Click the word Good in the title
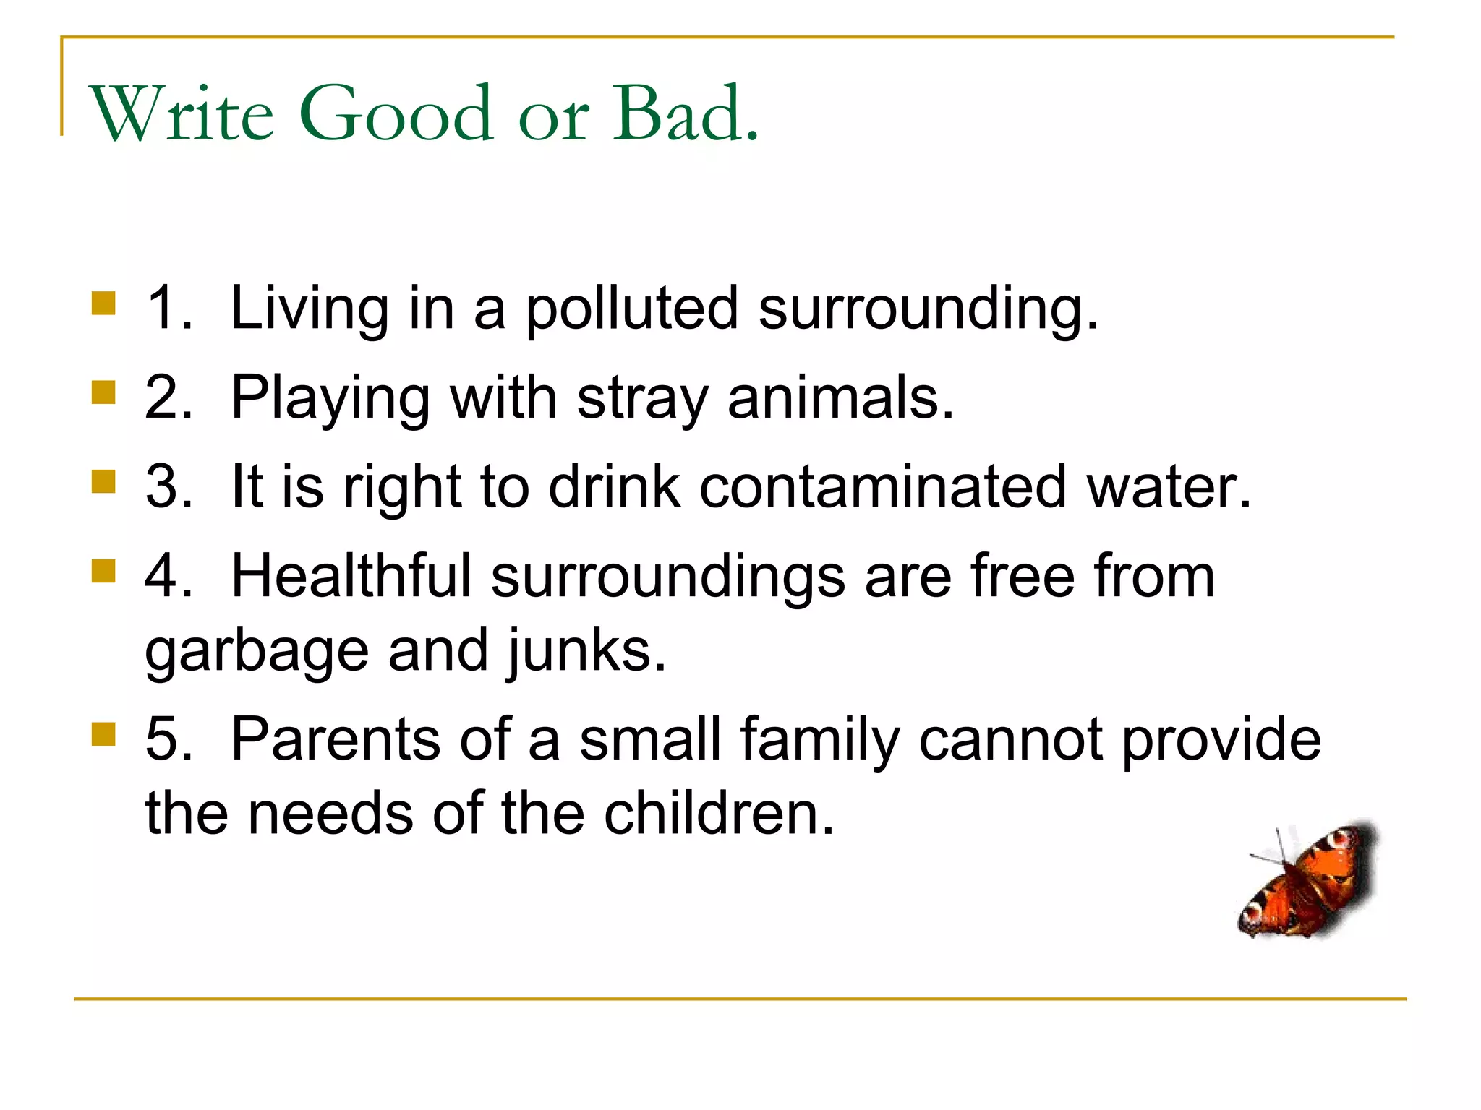(x=396, y=114)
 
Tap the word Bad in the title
(x=686, y=114)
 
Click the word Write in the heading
(x=181, y=114)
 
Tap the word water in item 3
(x=1169, y=486)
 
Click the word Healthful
(x=351, y=576)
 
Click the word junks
(x=586, y=650)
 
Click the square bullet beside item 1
(x=104, y=303)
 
